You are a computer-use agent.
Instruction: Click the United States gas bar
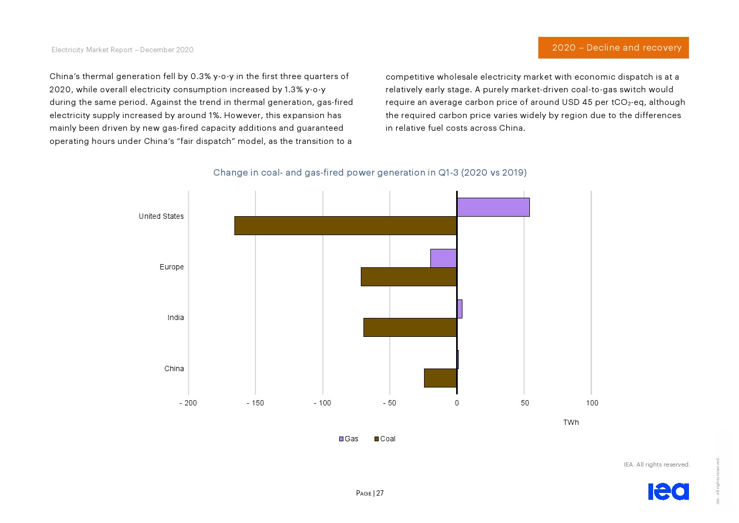493,207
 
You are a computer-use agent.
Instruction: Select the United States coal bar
346,226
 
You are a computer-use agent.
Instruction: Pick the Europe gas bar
444,258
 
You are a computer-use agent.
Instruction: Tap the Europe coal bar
409,277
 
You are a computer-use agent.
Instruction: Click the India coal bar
410,327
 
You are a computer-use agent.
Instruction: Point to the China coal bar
440,378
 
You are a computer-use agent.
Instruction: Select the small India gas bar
460,309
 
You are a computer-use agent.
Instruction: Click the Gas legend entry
349,439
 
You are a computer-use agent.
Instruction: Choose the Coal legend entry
385,439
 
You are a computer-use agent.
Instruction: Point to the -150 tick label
255,403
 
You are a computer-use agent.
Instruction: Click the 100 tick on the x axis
592,403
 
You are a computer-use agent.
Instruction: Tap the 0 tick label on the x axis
457,403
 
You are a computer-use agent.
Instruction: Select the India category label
175,317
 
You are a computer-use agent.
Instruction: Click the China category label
174,369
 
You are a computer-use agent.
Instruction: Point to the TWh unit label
571,422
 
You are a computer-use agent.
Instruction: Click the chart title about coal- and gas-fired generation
370,172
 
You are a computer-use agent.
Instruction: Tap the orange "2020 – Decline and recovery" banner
613,47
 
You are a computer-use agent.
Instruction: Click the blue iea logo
668,491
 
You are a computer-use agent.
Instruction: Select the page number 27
380,493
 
